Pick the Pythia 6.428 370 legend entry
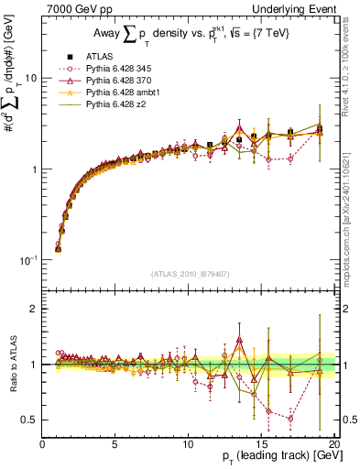click(x=119, y=82)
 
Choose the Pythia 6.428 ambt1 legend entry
click(x=122, y=93)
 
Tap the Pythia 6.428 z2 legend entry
click(x=116, y=105)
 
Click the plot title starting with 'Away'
click(x=184, y=35)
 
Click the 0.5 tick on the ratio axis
click(x=31, y=420)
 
